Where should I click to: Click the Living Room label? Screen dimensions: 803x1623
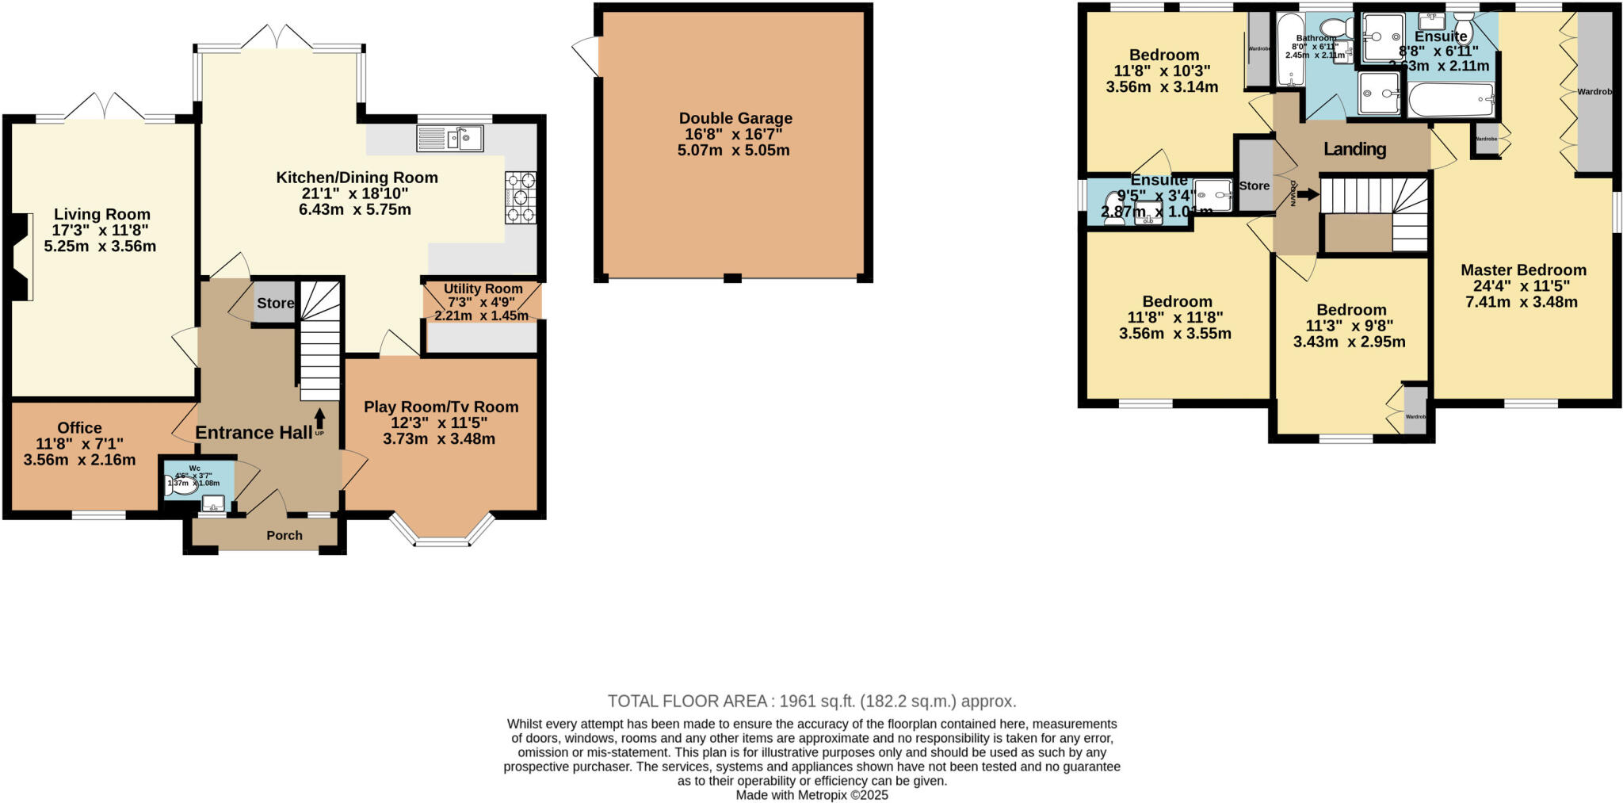101,214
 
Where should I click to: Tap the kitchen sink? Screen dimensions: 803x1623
449,139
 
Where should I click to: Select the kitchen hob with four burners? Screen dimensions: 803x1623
520,197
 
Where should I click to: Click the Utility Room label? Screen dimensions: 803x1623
483,289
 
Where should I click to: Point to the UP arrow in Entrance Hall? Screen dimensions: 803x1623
319,419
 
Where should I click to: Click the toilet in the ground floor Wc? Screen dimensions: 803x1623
181,486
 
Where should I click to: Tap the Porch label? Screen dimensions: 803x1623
284,535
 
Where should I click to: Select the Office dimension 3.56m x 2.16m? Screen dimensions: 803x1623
79,460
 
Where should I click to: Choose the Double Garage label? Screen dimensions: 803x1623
735,118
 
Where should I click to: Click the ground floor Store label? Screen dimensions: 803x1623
274,303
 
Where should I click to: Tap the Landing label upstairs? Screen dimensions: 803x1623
1354,149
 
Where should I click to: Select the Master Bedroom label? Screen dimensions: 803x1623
1523,270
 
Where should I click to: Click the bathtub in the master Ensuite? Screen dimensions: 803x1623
1450,101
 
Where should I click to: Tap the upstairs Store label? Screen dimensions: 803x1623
1254,185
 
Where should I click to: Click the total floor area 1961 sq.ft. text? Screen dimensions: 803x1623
811,701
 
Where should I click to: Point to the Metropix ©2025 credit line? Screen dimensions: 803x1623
811,794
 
